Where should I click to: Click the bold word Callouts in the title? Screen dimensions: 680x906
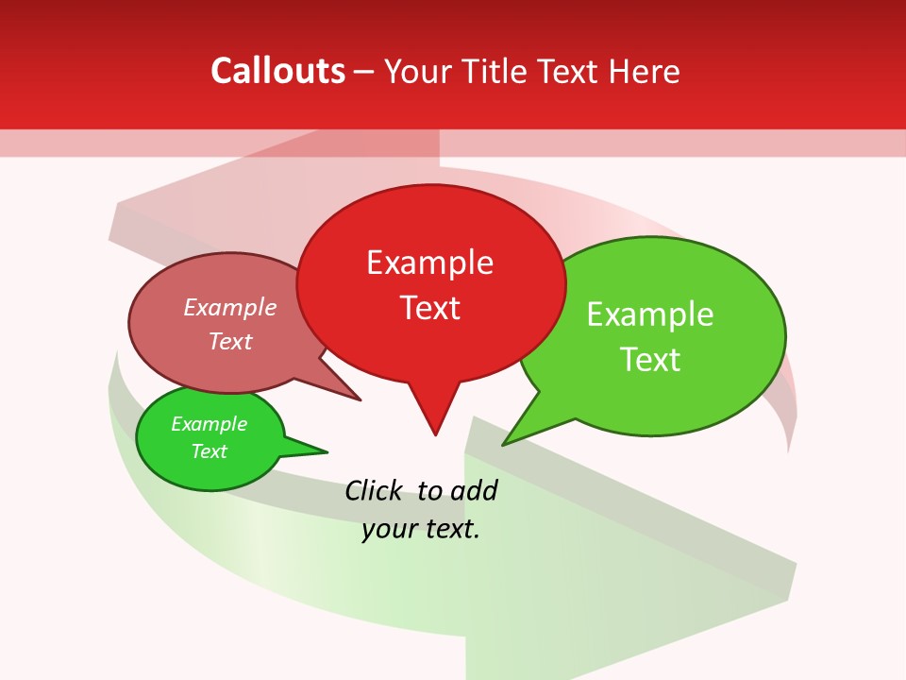click(x=278, y=71)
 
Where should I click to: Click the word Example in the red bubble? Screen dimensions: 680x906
click(x=430, y=263)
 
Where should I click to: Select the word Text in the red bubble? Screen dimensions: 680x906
click(x=430, y=308)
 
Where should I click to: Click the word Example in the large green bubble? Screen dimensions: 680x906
click(x=650, y=314)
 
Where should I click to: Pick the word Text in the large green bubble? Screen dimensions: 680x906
click(x=650, y=360)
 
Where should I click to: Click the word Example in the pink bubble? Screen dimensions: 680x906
click(x=229, y=308)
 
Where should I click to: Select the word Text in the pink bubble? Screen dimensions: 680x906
click(x=229, y=342)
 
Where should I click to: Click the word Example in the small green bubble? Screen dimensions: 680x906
click(x=209, y=424)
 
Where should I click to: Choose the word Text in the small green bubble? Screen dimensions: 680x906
click(x=209, y=451)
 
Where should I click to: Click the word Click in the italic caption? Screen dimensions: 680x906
click(x=374, y=491)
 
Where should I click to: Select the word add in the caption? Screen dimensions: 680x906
click(x=473, y=491)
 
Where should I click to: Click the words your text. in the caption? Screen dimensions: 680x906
click(x=421, y=529)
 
